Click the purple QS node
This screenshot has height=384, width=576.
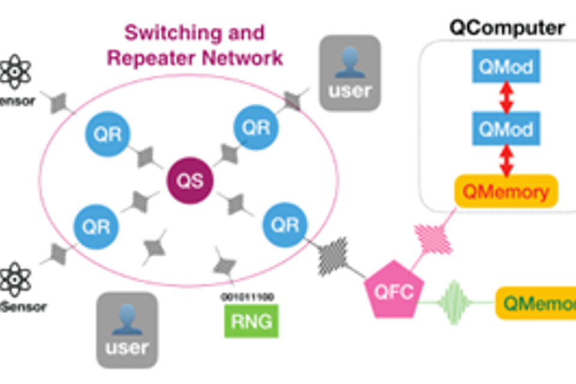tap(190, 181)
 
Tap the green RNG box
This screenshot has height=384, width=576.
tap(251, 322)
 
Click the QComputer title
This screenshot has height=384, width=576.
tap(507, 28)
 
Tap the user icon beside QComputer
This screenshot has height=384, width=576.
tap(350, 73)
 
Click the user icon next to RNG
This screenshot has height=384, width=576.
tap(127, 330)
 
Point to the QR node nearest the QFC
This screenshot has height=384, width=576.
tap(285, 224)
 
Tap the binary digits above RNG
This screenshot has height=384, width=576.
tap(247, 297)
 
